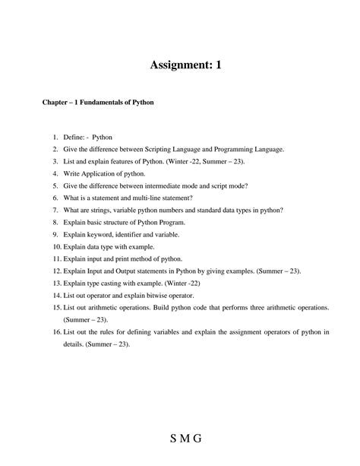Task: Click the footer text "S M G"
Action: [x=180, y=440]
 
